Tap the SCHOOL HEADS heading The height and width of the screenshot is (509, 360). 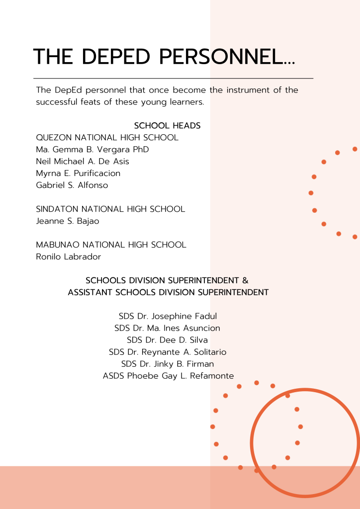tap(167, 126)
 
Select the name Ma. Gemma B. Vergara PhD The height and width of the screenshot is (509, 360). tap(92, 150)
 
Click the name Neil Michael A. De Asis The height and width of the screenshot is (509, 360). tap(83, 162)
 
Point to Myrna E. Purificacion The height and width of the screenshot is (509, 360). tap(78, 173)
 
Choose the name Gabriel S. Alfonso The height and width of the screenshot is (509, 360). tap(72, 185)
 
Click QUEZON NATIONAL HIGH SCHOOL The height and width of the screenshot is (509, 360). tap(107, 138)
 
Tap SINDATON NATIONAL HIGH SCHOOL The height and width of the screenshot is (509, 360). tap(110, 209)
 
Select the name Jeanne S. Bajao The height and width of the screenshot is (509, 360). tap(68, 221)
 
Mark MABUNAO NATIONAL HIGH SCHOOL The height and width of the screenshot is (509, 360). tap(111, 245)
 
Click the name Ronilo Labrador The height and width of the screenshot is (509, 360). tap(69, 257)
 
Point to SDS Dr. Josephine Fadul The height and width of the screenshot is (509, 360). tap(168, 317)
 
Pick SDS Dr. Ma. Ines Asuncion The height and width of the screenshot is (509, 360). tap(167, 328)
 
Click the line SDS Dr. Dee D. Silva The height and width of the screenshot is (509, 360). tap(167, 340)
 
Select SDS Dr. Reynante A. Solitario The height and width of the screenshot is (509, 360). tap(168, 352)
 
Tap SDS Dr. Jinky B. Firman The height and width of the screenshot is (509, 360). tap(168, 364)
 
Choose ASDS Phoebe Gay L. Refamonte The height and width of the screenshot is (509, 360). tap(168, 376)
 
